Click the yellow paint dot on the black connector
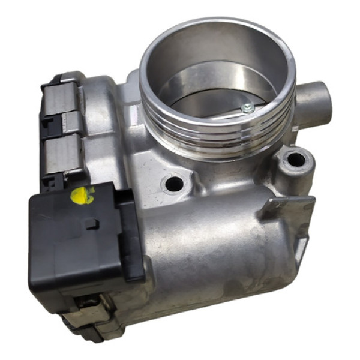(82, 194)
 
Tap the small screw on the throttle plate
(245, 108)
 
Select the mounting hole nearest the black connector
(173, 184)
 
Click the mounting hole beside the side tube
(295, 160)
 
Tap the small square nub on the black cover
(91, 224)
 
